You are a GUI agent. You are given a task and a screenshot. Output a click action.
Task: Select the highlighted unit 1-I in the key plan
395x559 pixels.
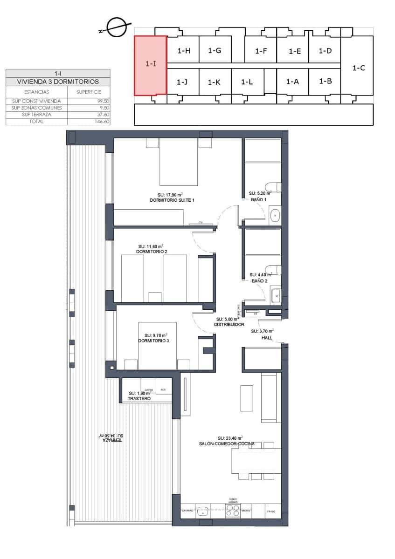click(150, 65)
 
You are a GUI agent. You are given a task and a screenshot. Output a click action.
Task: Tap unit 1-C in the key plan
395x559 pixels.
click(358, 68)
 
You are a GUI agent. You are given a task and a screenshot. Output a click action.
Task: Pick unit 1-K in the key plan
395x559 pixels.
click(214, 82)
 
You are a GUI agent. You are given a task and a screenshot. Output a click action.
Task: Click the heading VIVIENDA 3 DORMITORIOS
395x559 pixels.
click(58, 82)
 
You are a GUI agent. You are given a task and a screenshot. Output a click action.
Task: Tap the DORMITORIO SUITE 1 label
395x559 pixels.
click(172, 200)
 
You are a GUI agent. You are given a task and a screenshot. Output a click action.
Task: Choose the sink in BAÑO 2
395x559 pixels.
click(275, 295)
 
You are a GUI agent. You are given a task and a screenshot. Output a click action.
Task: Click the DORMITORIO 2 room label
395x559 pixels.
click(151, 252)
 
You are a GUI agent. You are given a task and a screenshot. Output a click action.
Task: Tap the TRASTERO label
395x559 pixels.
click(139, 399)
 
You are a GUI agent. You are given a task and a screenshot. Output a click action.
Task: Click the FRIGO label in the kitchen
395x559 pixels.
click(271, 511)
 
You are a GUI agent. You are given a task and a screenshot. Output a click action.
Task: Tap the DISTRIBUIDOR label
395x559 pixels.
click(229, 324)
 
